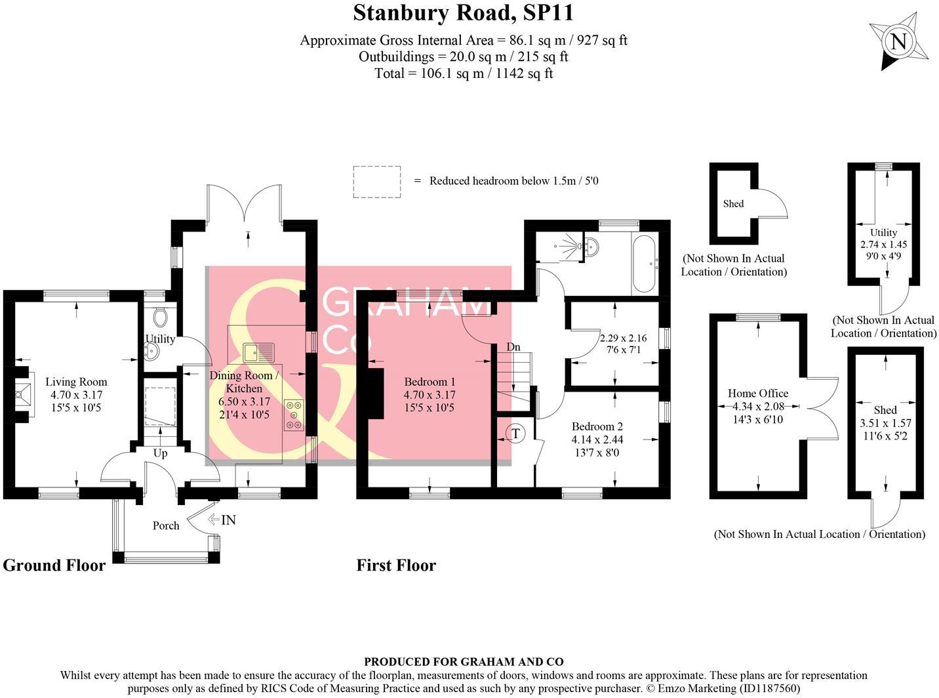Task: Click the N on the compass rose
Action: [x=898, y=41]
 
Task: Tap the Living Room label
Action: [x=76, y=382]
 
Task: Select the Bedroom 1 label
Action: [x=430, y=382]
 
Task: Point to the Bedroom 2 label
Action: [x=597, y=426]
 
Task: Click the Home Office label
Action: [x=758, y=393]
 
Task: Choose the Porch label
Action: [x=166, y=525]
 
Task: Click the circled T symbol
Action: [x=515, y=434]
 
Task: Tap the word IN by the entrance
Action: [x=228, y=520]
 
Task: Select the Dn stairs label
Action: [x=513, y=347]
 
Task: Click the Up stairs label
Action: [x=160, y=453]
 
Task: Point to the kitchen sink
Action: [x=258, y=352]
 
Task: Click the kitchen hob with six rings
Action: [x=294, y=415]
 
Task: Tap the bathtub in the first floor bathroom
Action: [x=644, y=264]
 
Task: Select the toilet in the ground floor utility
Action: [x=159, y=316]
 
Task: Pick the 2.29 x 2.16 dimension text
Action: [x=623, y=338]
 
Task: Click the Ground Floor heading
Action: [x=54, y=566]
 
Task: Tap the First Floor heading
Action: [x=396, y=565]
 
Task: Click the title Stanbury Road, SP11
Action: [x=463, y=12]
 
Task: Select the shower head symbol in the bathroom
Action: [x=567, y=245]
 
